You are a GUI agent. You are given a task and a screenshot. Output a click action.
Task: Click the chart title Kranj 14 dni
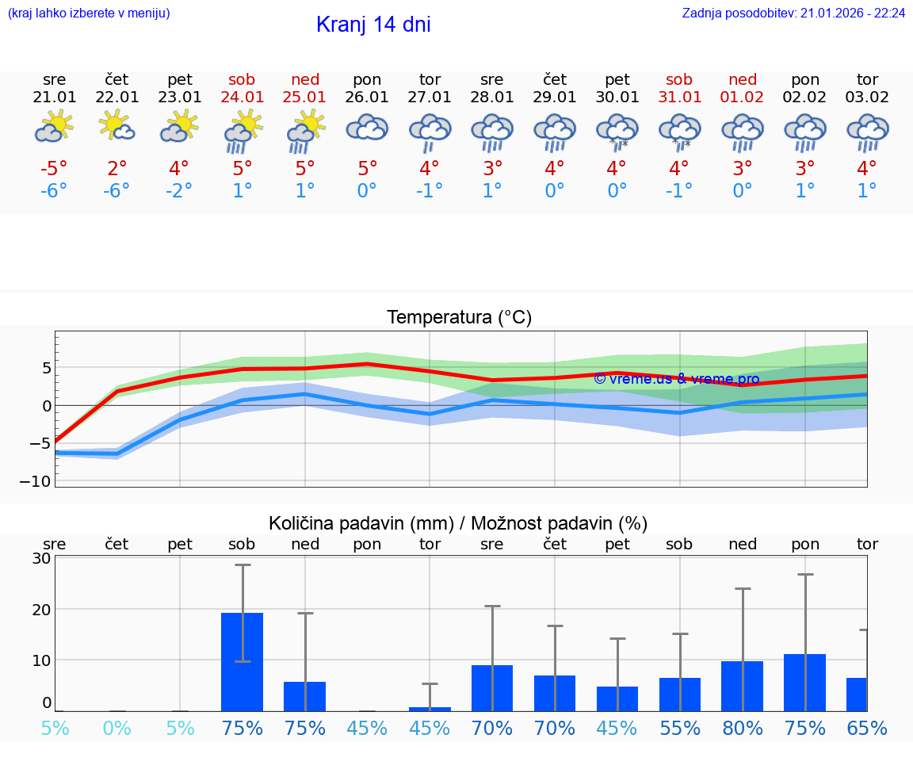point(373,25)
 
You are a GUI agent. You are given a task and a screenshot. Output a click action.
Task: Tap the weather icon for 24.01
point(243,131)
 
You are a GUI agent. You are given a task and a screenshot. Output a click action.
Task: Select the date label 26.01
point(367,97)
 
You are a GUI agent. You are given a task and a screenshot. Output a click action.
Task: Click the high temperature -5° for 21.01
point(54,169)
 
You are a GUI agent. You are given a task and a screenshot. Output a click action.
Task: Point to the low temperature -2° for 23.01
point(179,191)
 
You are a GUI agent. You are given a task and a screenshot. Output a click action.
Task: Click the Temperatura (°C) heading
point(459,318)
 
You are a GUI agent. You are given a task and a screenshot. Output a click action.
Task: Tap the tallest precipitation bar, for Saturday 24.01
point(242,661)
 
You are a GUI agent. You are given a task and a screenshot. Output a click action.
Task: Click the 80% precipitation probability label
point(742,728)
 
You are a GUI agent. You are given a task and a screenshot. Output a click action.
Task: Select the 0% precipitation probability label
point(117,728)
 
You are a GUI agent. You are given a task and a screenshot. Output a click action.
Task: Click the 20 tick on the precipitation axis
point(41,609)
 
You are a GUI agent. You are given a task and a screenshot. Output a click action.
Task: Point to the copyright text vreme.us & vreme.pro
point(676,379)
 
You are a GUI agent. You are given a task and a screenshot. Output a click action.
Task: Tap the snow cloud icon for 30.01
point(617,131)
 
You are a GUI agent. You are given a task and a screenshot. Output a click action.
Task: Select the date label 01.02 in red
point(743,97)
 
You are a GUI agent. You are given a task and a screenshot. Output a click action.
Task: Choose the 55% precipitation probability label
point(679,728)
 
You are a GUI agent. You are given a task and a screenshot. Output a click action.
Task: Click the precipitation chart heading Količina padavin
point(458,523)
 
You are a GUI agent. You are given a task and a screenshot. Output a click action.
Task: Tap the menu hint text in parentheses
point(88,13)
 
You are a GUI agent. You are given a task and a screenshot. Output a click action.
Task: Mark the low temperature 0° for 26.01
point(367,191)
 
